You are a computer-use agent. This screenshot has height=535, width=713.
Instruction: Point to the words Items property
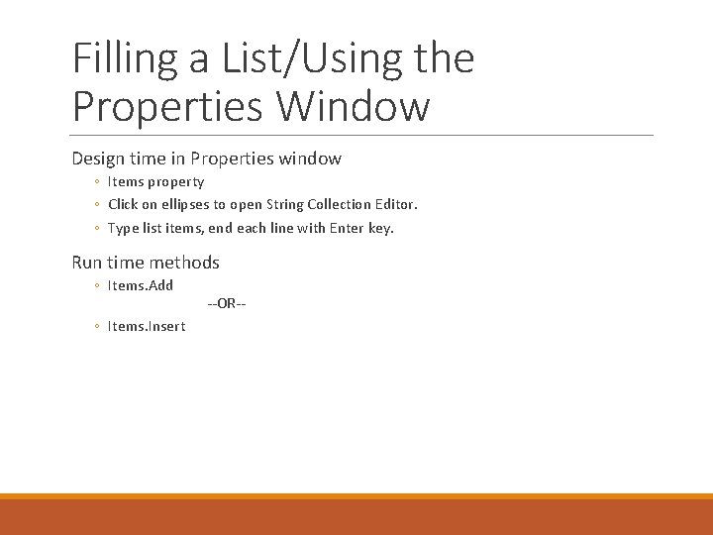155,182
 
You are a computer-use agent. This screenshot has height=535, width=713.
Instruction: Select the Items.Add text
140,285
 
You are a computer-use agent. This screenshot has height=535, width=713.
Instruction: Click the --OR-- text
227,303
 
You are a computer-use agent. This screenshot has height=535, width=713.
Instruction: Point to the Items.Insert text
146,326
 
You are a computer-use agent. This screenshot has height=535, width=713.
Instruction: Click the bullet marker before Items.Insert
96,327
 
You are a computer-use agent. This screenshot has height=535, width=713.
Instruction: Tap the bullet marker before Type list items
96,229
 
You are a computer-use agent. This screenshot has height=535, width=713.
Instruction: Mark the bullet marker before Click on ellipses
96,205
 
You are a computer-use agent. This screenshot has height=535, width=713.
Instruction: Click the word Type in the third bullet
123,229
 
